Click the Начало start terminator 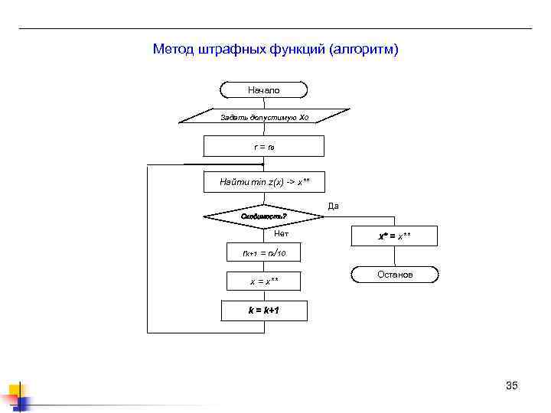[263, 90]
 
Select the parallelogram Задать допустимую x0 [263, 118]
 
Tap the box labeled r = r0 [263, 146]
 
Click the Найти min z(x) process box [263, 182]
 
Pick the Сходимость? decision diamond [263, 216]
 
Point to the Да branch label [333, 206]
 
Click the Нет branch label [281, 233]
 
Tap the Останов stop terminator [395, 274]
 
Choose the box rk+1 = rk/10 [263, 252]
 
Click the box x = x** [263, 281]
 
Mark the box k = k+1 [263, 311]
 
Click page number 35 [512, 385]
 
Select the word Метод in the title [174, 50]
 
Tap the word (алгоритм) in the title [364, 50]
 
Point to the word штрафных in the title [232, 50]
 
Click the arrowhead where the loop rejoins [261, 164]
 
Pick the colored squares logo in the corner [15, 396]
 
